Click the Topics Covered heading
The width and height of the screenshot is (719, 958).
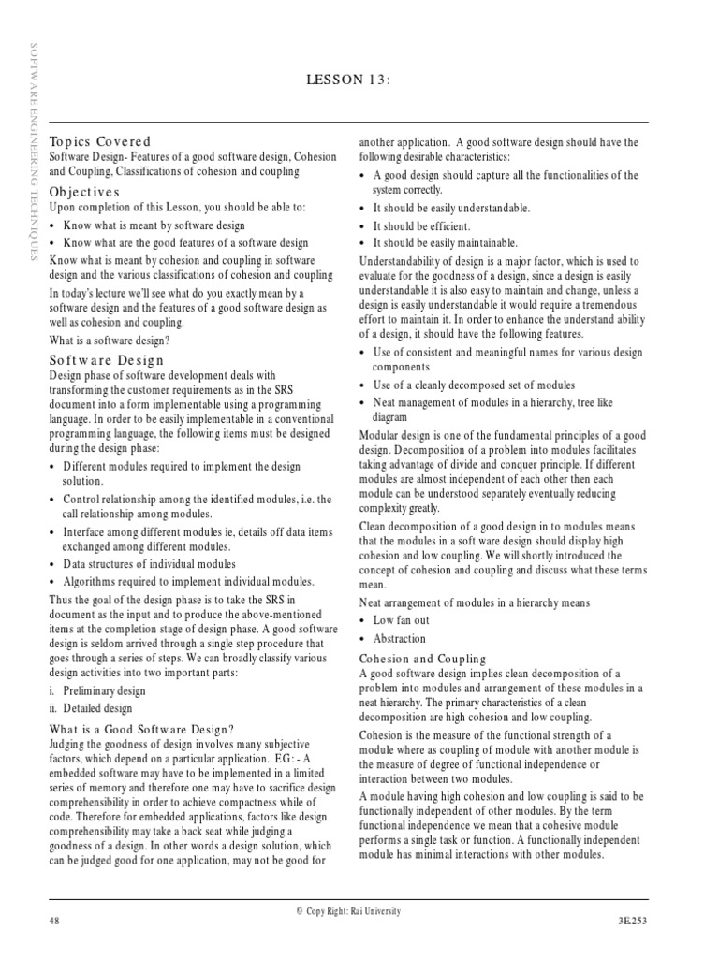tap(100, 140)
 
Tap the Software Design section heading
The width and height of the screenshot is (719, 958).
tap(107, 359)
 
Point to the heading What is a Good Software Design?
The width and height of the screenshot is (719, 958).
tap(141, 729)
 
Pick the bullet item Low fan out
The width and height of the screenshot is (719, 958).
tap(402, 620)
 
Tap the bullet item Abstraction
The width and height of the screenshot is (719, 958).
tap(399, 639)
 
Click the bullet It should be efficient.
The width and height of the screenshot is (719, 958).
tap(421, 226)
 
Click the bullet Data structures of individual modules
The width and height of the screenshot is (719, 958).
tap(149, 564)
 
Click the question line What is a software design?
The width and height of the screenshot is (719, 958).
tap(110, 340)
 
